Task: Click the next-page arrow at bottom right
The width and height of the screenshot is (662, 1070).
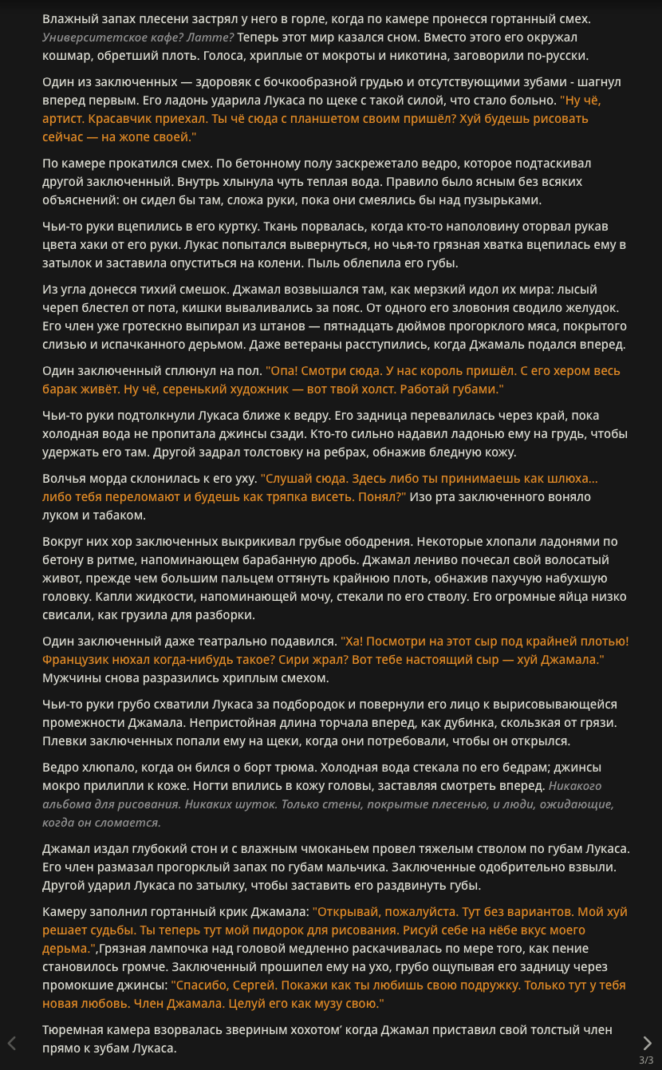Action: coord(647,1043)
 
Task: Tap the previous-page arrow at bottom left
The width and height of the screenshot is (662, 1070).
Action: coord(12,1043)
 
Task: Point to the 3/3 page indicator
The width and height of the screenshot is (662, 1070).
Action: coord(646,1060)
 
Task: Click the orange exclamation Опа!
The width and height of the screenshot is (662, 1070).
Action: coord(282,371)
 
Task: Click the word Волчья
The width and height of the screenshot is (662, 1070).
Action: coord(65,479)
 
